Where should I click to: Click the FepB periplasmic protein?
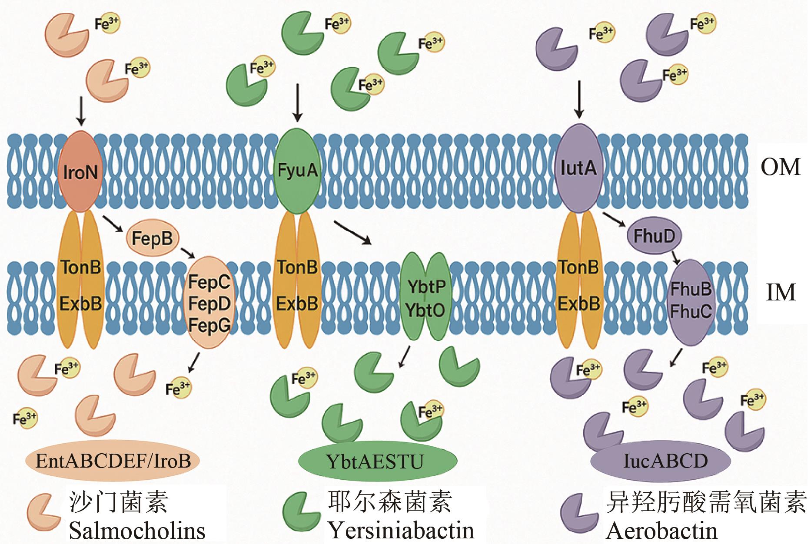pos(152,238)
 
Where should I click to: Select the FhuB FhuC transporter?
pos(690,302)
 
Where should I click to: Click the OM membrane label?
pos(781,167)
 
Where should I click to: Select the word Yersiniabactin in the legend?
pos(401,531)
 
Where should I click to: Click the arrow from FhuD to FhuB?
pos(675,256)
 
